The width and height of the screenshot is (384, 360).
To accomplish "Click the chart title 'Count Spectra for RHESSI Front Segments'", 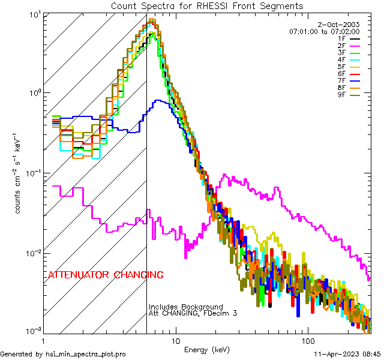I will click(x=207, y=5).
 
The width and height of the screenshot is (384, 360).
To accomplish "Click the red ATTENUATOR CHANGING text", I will click(x=106, y=275).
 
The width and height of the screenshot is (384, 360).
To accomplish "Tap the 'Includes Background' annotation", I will click(x=186, y=307).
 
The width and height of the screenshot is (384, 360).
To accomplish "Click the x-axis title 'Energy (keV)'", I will click(x=206, y=350).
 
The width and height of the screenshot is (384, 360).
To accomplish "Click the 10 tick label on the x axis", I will click(x=175, y=340).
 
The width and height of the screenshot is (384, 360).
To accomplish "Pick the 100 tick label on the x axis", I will click(x=307, y=340).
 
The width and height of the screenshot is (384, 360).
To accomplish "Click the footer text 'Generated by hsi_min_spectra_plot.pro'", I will click(x=63, y=355).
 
